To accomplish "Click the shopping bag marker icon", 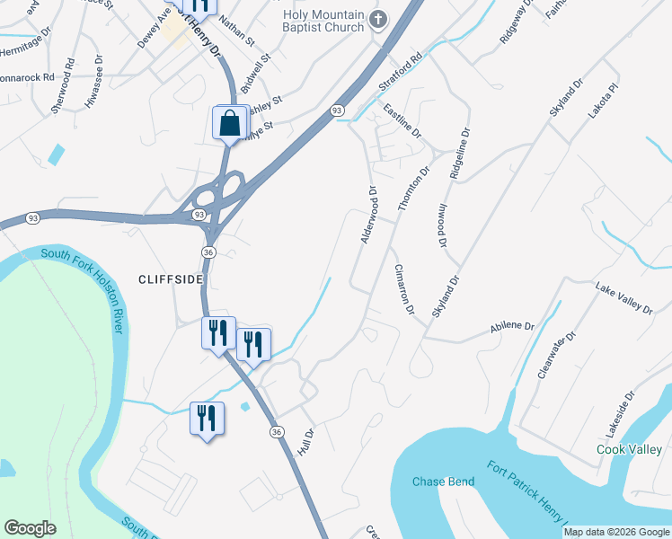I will click(230, 123).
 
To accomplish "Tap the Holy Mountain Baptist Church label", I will click(323, 22).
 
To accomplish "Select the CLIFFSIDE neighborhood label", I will click(171, 279).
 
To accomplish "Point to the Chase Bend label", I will click(443, 482).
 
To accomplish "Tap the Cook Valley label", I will click(630, 448).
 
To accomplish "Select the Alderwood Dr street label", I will click(367, 215).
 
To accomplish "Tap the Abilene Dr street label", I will click(512, 327).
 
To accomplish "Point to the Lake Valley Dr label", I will click(623, 296).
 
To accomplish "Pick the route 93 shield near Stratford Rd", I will click(337, 110).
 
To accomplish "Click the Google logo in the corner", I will click(30, 528).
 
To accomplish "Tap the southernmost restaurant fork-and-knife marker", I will click(206, 418).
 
